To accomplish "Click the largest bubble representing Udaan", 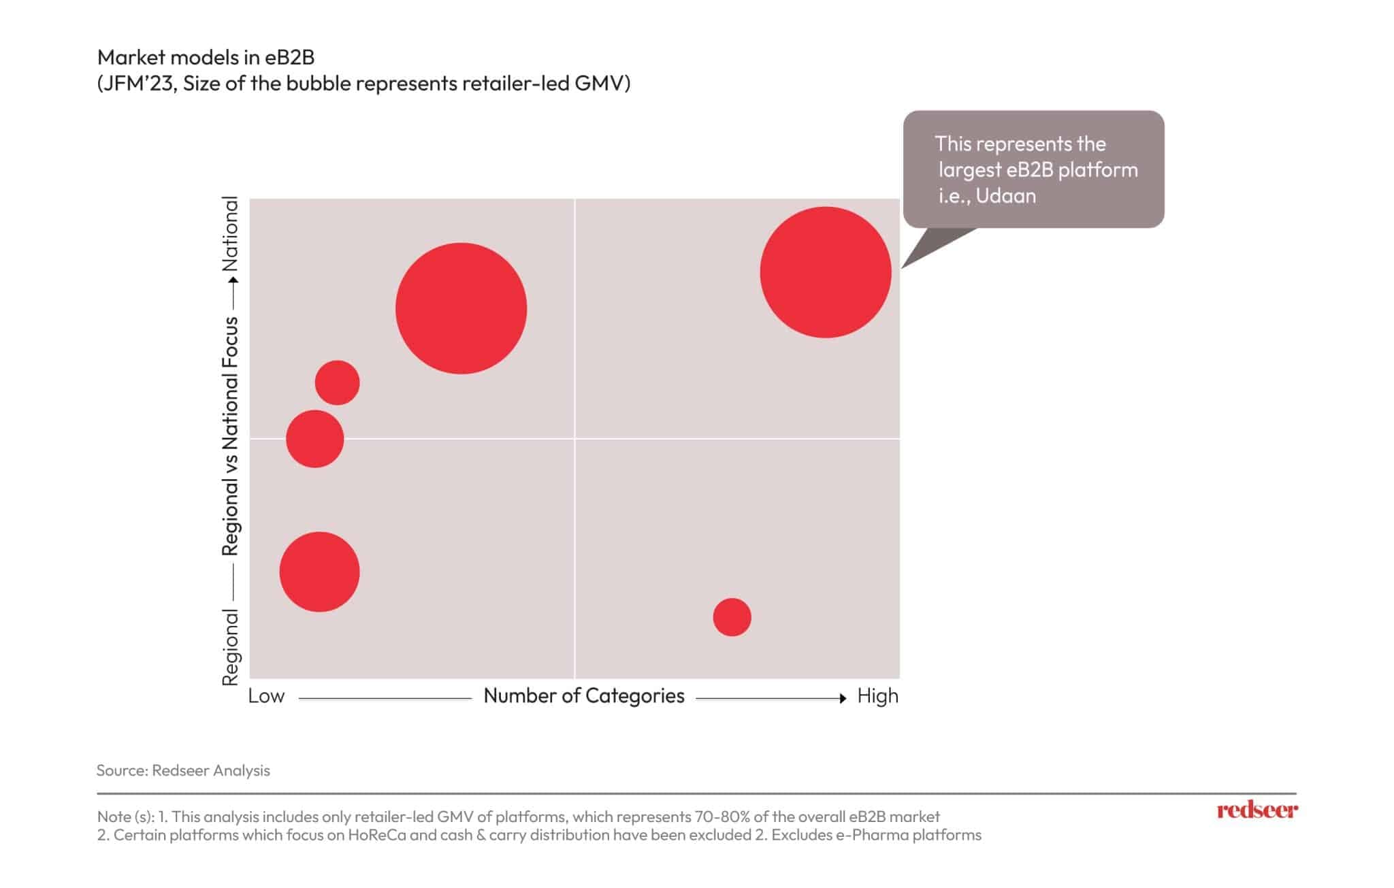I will point(825,272).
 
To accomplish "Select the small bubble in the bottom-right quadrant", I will point(732,617).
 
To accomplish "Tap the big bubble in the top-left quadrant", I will point(461,308).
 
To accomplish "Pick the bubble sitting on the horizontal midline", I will point(314,439).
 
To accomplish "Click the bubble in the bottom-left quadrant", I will point(319,572).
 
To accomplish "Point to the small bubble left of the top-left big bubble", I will point(337,382).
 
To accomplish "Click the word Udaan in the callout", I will point(1005,196).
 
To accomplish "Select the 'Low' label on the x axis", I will point(266,696).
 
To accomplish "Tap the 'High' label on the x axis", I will point(877,696).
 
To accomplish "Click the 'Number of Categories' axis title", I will point(583,696).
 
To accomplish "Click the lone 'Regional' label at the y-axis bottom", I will point(231,647).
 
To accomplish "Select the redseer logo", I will point(1257,810).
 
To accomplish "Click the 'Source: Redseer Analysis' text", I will point(183,770).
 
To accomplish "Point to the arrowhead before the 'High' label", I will point(843,698).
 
